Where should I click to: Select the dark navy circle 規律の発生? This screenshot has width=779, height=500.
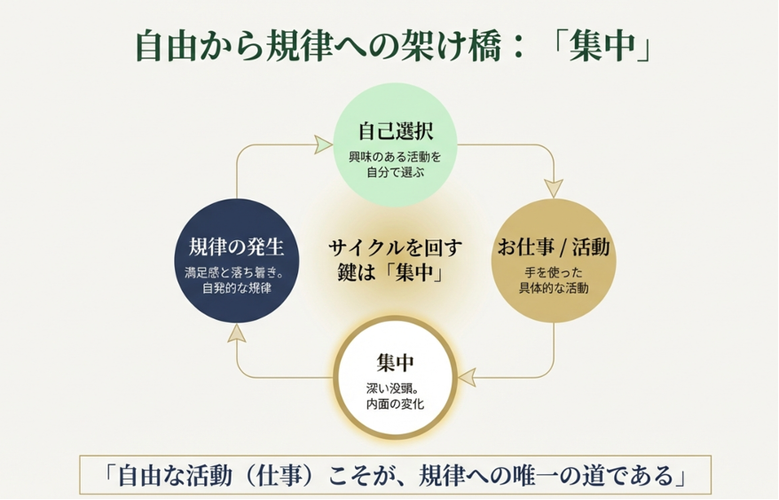click(x=236, y=261)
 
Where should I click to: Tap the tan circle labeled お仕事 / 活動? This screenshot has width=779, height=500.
click(x=554, y=261)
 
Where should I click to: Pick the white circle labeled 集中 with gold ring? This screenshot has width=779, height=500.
click(x=395, y=377)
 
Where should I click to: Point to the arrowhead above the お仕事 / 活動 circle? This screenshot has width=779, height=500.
click(x=554, y=188)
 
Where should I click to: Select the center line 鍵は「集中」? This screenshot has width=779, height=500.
click(x=395, y=273)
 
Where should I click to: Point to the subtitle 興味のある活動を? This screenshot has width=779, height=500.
click(x=395, y=157)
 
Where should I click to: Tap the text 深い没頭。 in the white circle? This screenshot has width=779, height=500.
click(x=395, y=388)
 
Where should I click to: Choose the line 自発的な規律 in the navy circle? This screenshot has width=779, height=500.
click(x=236, y=288)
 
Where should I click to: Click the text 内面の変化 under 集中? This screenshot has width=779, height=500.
click(x=395, y=404)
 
